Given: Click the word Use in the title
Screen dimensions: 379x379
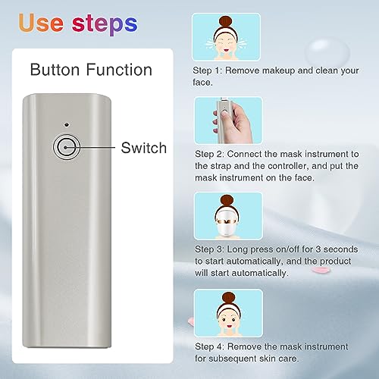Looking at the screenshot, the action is point(41,23).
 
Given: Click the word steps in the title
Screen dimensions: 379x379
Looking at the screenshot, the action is point(105,24).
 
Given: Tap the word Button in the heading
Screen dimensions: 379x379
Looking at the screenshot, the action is point(55,70).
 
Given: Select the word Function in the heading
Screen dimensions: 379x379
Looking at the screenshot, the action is point(119,70).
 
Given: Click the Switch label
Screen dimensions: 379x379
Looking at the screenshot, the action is point(144,148).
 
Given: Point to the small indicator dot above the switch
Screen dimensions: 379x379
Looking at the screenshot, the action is point(67,124).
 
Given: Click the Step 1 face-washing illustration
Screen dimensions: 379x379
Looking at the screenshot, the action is point(226,37).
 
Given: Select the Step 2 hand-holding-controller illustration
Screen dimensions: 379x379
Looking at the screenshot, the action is point(229,121).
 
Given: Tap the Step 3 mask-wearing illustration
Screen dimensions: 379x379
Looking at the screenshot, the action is point(228,216).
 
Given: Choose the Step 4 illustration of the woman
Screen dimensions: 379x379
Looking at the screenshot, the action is point(228,313).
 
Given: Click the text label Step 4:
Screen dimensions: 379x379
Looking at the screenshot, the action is point(209,347).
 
